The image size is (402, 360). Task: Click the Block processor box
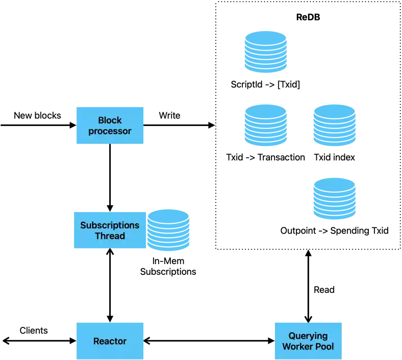(110, 126)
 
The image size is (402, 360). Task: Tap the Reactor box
(110, 341)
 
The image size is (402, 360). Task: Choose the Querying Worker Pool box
(308, 341)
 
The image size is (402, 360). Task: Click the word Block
(110, 120)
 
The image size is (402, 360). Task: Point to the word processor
(110, 132)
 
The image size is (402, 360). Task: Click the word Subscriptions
(110, 225)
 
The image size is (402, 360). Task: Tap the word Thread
(110, 236)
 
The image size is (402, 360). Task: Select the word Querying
(308, 336)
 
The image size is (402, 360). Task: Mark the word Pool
(325, 347)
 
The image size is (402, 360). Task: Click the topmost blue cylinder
(266, 51)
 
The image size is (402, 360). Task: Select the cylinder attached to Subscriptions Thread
(170, 230)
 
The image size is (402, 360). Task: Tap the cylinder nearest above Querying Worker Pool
(334, 198)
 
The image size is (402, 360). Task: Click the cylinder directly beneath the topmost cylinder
(265, 125)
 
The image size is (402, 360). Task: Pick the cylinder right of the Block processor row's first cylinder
(334, 125)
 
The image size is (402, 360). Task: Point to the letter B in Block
(101, 120)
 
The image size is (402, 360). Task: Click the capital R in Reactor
(96, 341)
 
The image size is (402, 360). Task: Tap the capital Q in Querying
(292, 336)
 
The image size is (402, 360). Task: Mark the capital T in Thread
(97, 236)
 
